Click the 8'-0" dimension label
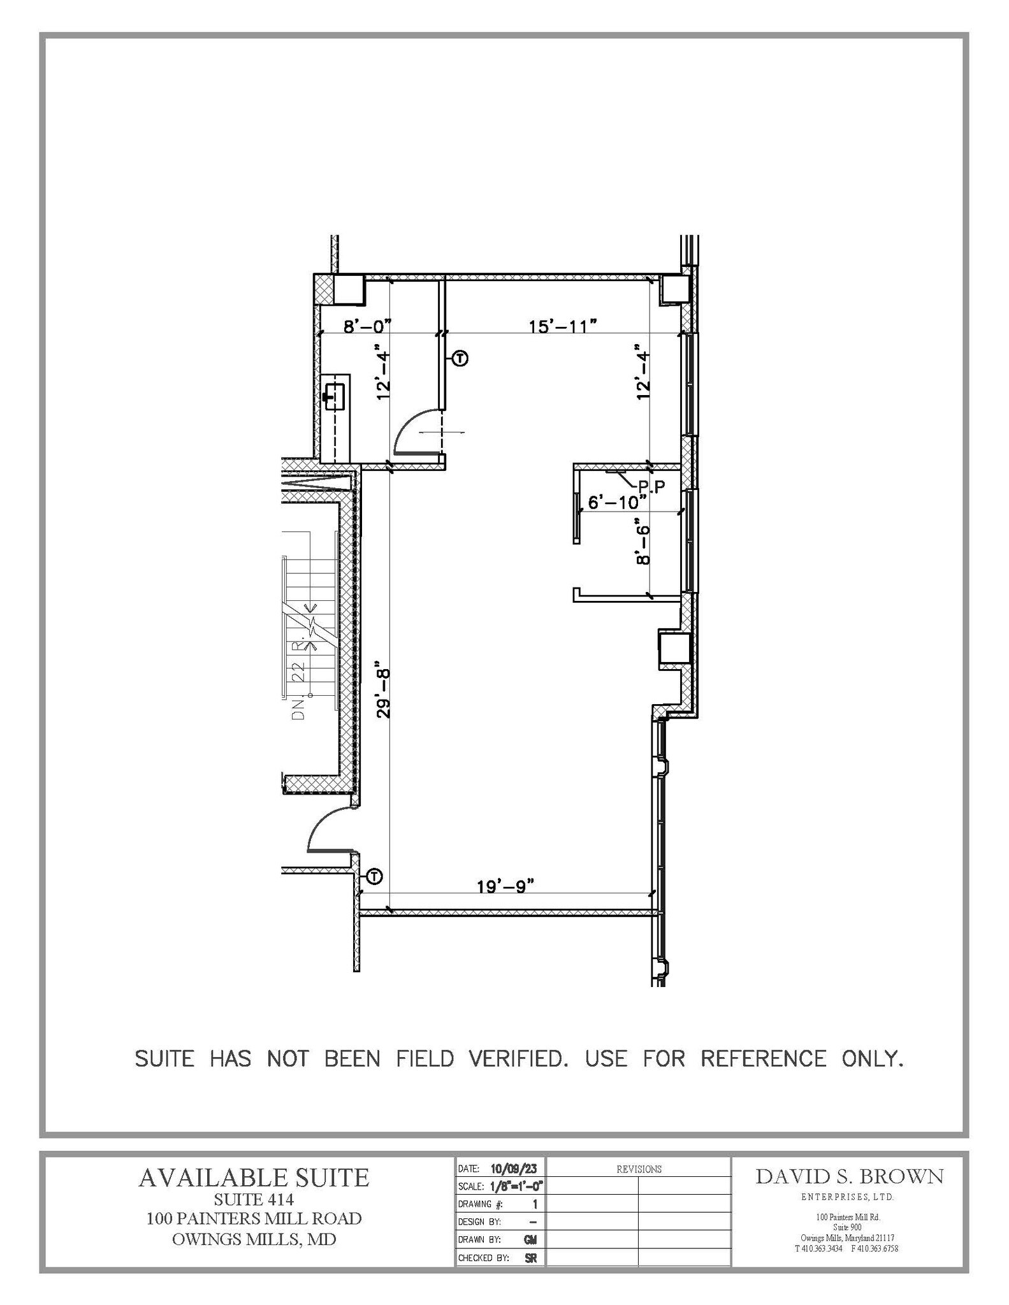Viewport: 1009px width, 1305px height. click(367, 327)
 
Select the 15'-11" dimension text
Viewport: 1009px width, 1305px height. click(562, 327)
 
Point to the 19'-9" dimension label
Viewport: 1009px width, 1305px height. click(505, 886)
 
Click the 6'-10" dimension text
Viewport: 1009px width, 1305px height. click(613, 503)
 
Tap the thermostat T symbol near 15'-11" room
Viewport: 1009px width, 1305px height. click(460, 359)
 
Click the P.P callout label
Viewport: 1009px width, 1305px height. click(651, 487)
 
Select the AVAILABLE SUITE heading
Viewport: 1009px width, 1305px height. click(254, 1178)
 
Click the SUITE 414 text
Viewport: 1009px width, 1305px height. click(254, 1199)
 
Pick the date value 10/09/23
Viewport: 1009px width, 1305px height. click(514, 1169)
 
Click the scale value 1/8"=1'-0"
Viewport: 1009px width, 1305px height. click(516, 1186)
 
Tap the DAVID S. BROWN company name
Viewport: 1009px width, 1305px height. click(849, 1176)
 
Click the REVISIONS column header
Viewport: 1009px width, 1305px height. click(639, 1169)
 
